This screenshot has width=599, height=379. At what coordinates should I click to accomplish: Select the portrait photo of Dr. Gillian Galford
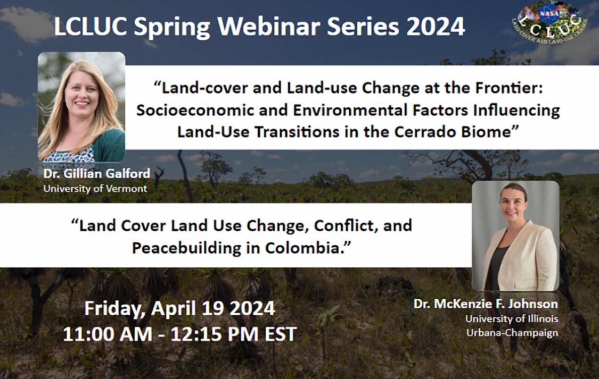click(x=81, y=107)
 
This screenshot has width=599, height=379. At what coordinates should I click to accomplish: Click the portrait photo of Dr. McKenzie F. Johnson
click(x=515, y=236)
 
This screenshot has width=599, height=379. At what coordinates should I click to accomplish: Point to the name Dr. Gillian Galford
click(x=97, y=173)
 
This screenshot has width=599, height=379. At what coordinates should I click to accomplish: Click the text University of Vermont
click(x=95, y=189)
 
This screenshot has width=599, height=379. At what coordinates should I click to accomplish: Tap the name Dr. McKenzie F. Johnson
click(x=486, y=304)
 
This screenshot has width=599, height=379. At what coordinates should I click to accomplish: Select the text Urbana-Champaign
click(x=512, y=333)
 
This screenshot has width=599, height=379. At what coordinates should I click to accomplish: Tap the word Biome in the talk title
click(x=486, y=132)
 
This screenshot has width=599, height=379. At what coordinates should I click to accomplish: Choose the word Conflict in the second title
click(x=346, y=226)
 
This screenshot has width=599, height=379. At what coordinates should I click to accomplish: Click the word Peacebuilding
click(x=187, y=248)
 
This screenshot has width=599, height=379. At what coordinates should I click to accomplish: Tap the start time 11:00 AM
click(x=108, y=334)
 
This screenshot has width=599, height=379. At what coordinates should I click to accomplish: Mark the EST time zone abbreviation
click(x=281, y=334)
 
